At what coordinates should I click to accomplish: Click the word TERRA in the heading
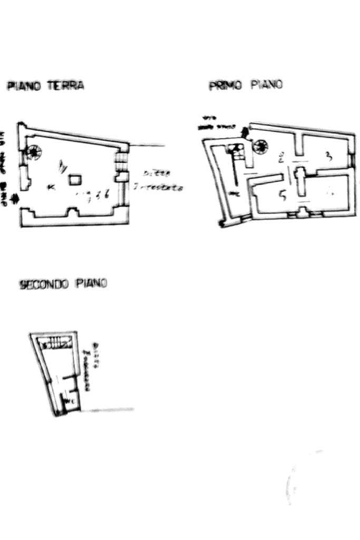point(66,85)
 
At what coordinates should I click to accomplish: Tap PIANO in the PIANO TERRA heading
point(24,86)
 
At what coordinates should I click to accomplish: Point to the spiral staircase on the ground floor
point(34,153)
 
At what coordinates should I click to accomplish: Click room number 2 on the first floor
point(281,157)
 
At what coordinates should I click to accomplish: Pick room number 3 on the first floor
point(328,156)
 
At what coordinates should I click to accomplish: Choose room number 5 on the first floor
point(282,196)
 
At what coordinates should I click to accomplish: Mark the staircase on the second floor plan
point(56,343)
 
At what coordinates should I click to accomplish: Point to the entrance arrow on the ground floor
point(14,199)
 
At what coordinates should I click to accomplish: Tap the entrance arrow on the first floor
point(243,132)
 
